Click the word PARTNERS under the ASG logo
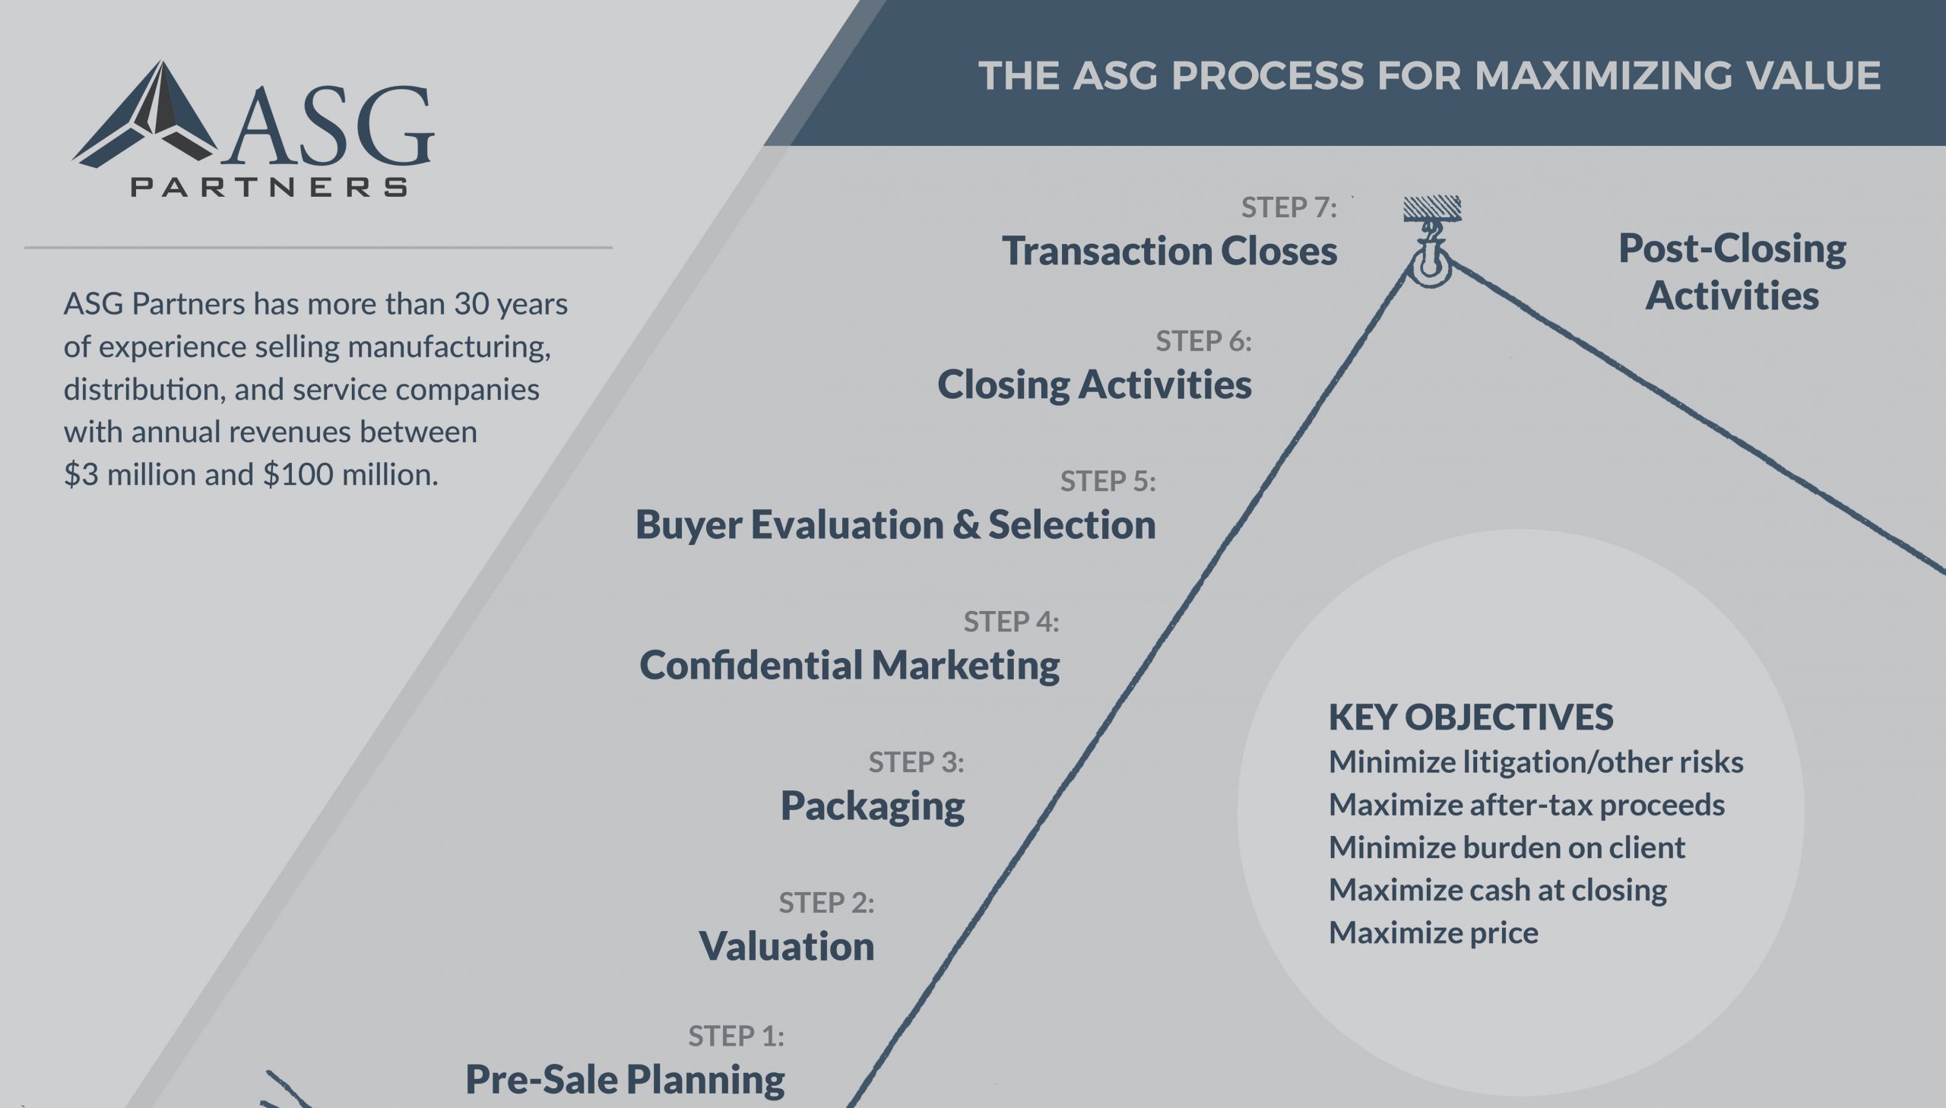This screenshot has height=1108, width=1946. pos(269,187)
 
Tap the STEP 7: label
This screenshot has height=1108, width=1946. pos(1288,207)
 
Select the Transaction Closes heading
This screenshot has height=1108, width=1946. pos(1169,251)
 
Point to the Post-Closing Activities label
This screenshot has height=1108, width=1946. pos(1732,271)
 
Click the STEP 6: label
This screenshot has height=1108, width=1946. pos(1203,342)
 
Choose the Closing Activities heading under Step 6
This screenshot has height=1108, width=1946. pos(1094,385)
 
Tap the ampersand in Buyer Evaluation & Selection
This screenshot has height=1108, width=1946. pos(965,524)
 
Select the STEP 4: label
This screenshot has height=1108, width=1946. pos(1011,622)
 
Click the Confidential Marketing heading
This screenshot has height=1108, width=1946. pos(849,665)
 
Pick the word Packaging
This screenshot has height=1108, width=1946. pos(872,805)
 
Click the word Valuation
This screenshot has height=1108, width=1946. pos(786,946)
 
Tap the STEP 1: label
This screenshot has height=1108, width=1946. pos(736,1037)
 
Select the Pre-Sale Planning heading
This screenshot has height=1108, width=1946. pos(625,1079)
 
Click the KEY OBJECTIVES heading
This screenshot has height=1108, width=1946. pos(1470,717)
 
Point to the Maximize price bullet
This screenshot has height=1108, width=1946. pos(1433,933)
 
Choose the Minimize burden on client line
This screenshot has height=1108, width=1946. pos(1507,848)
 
